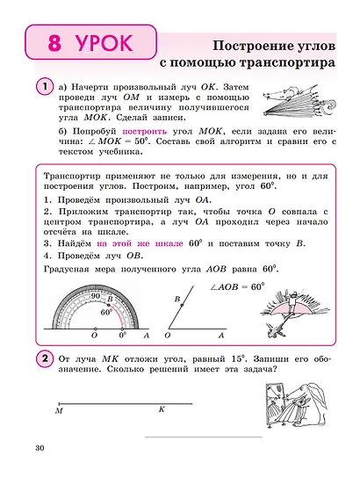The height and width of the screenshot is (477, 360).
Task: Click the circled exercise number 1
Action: tap(43, 86)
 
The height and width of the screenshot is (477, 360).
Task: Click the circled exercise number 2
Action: tap(43, 359)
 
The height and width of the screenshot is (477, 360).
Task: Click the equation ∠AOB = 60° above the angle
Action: tap(232, 286)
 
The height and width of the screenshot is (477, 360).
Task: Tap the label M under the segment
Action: tap(59, 410)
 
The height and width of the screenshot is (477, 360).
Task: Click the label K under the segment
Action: tap(162, 409)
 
